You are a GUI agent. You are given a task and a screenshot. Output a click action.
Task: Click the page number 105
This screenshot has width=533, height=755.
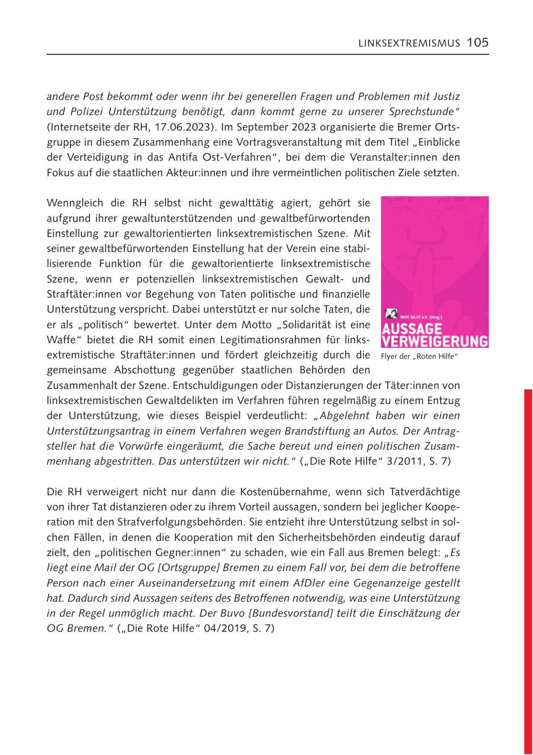pos(477,43)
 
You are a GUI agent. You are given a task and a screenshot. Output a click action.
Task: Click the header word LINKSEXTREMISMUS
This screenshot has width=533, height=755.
pos(409,43)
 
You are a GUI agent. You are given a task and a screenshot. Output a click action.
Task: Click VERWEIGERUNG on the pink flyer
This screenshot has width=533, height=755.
pos(435,341)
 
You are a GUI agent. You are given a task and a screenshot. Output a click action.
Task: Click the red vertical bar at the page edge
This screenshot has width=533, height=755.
pos(528,568)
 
